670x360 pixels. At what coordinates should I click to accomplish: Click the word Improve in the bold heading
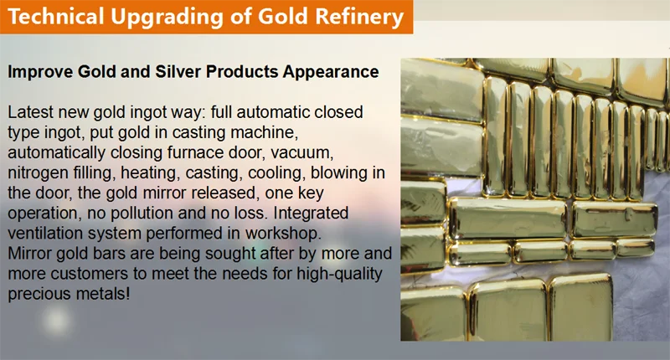[37, 72]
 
